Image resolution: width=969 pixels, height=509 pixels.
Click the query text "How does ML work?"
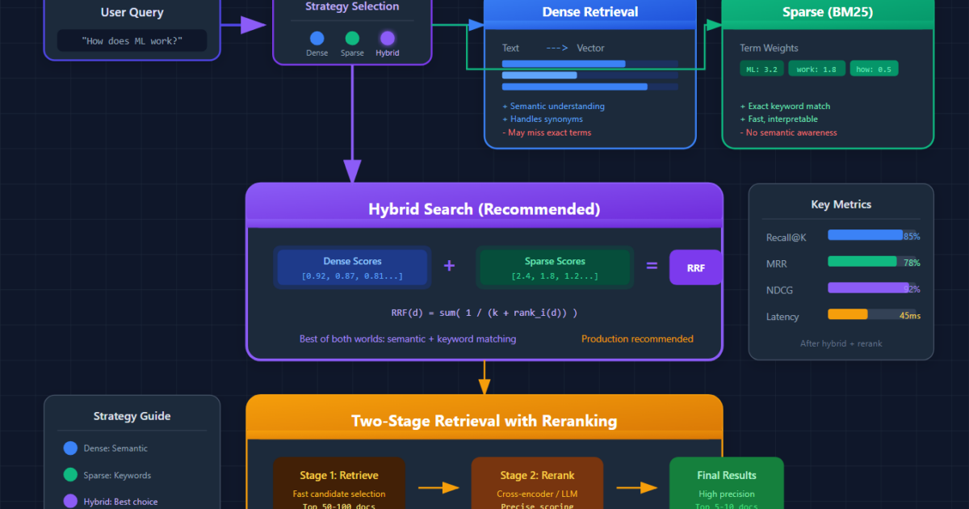[x=132, y=40]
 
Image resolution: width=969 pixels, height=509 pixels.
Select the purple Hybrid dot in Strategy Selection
[x=388, y=38]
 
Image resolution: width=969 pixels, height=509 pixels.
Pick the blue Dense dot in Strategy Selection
[x=317, y=38]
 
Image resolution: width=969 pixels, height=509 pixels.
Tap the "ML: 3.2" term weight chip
[x=761, y=69]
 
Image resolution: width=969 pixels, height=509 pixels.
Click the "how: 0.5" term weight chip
[x=874, y=69]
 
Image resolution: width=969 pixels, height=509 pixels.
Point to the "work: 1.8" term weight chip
[x=816, y=69]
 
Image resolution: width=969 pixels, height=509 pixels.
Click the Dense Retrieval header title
[x=589, y=12]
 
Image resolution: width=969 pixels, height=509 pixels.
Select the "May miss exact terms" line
[x=547, y=133]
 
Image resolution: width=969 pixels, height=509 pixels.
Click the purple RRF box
[x=695, y=267]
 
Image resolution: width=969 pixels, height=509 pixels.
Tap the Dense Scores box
[x=352, y=267]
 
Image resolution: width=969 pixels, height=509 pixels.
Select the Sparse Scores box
[x=555, y=267]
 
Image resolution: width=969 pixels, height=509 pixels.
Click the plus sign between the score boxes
[x=449, y=265]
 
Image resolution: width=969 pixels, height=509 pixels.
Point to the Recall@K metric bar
[x=865, y=235]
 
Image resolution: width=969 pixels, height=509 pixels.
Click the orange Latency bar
[x=848, y=314]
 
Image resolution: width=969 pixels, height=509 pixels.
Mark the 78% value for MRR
[x=912, y=263]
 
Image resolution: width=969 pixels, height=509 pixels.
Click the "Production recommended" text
[x=637, y=339]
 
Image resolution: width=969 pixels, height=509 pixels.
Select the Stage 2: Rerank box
[x=537, y=485]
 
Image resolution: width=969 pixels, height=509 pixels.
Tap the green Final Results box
[x=726, y=485]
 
